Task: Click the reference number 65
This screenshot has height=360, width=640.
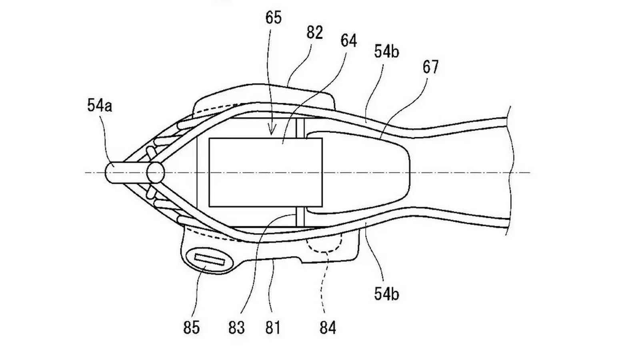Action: click(274, 18)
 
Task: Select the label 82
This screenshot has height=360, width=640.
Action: click(314, 33)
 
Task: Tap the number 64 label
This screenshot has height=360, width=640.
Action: click(349, 41)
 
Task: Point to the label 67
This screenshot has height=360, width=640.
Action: click(430, 67)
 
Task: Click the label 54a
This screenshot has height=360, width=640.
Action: click(100, 106)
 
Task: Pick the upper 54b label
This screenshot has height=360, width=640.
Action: click(386, 52)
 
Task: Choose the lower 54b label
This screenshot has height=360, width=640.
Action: click(386, 294)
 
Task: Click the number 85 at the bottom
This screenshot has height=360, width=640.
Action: click(191, 328)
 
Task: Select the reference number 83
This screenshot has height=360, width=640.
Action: click(236, 328)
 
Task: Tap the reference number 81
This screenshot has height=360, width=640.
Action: click(272, 328)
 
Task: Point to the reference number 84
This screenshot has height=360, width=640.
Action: click(328, 328)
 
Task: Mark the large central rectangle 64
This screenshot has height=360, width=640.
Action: click(266, 172)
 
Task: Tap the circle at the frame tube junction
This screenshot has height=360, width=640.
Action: click(156, 172)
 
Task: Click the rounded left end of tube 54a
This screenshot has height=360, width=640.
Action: click(109, 172)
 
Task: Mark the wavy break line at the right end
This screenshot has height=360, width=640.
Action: click(509, 172)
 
